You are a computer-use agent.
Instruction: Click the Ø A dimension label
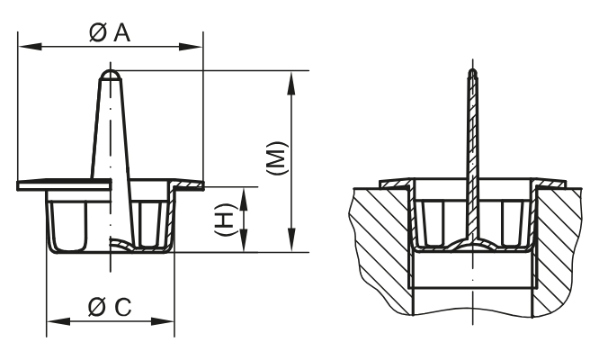coord(111,32)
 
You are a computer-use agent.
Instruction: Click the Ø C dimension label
coord(111,307)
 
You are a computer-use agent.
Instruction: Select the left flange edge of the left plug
coord(20,185)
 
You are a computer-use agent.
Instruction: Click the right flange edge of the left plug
coord(201,185)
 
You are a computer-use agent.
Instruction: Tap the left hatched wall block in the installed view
coord(378,243)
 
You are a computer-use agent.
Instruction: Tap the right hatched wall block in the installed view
coord(562,243)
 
